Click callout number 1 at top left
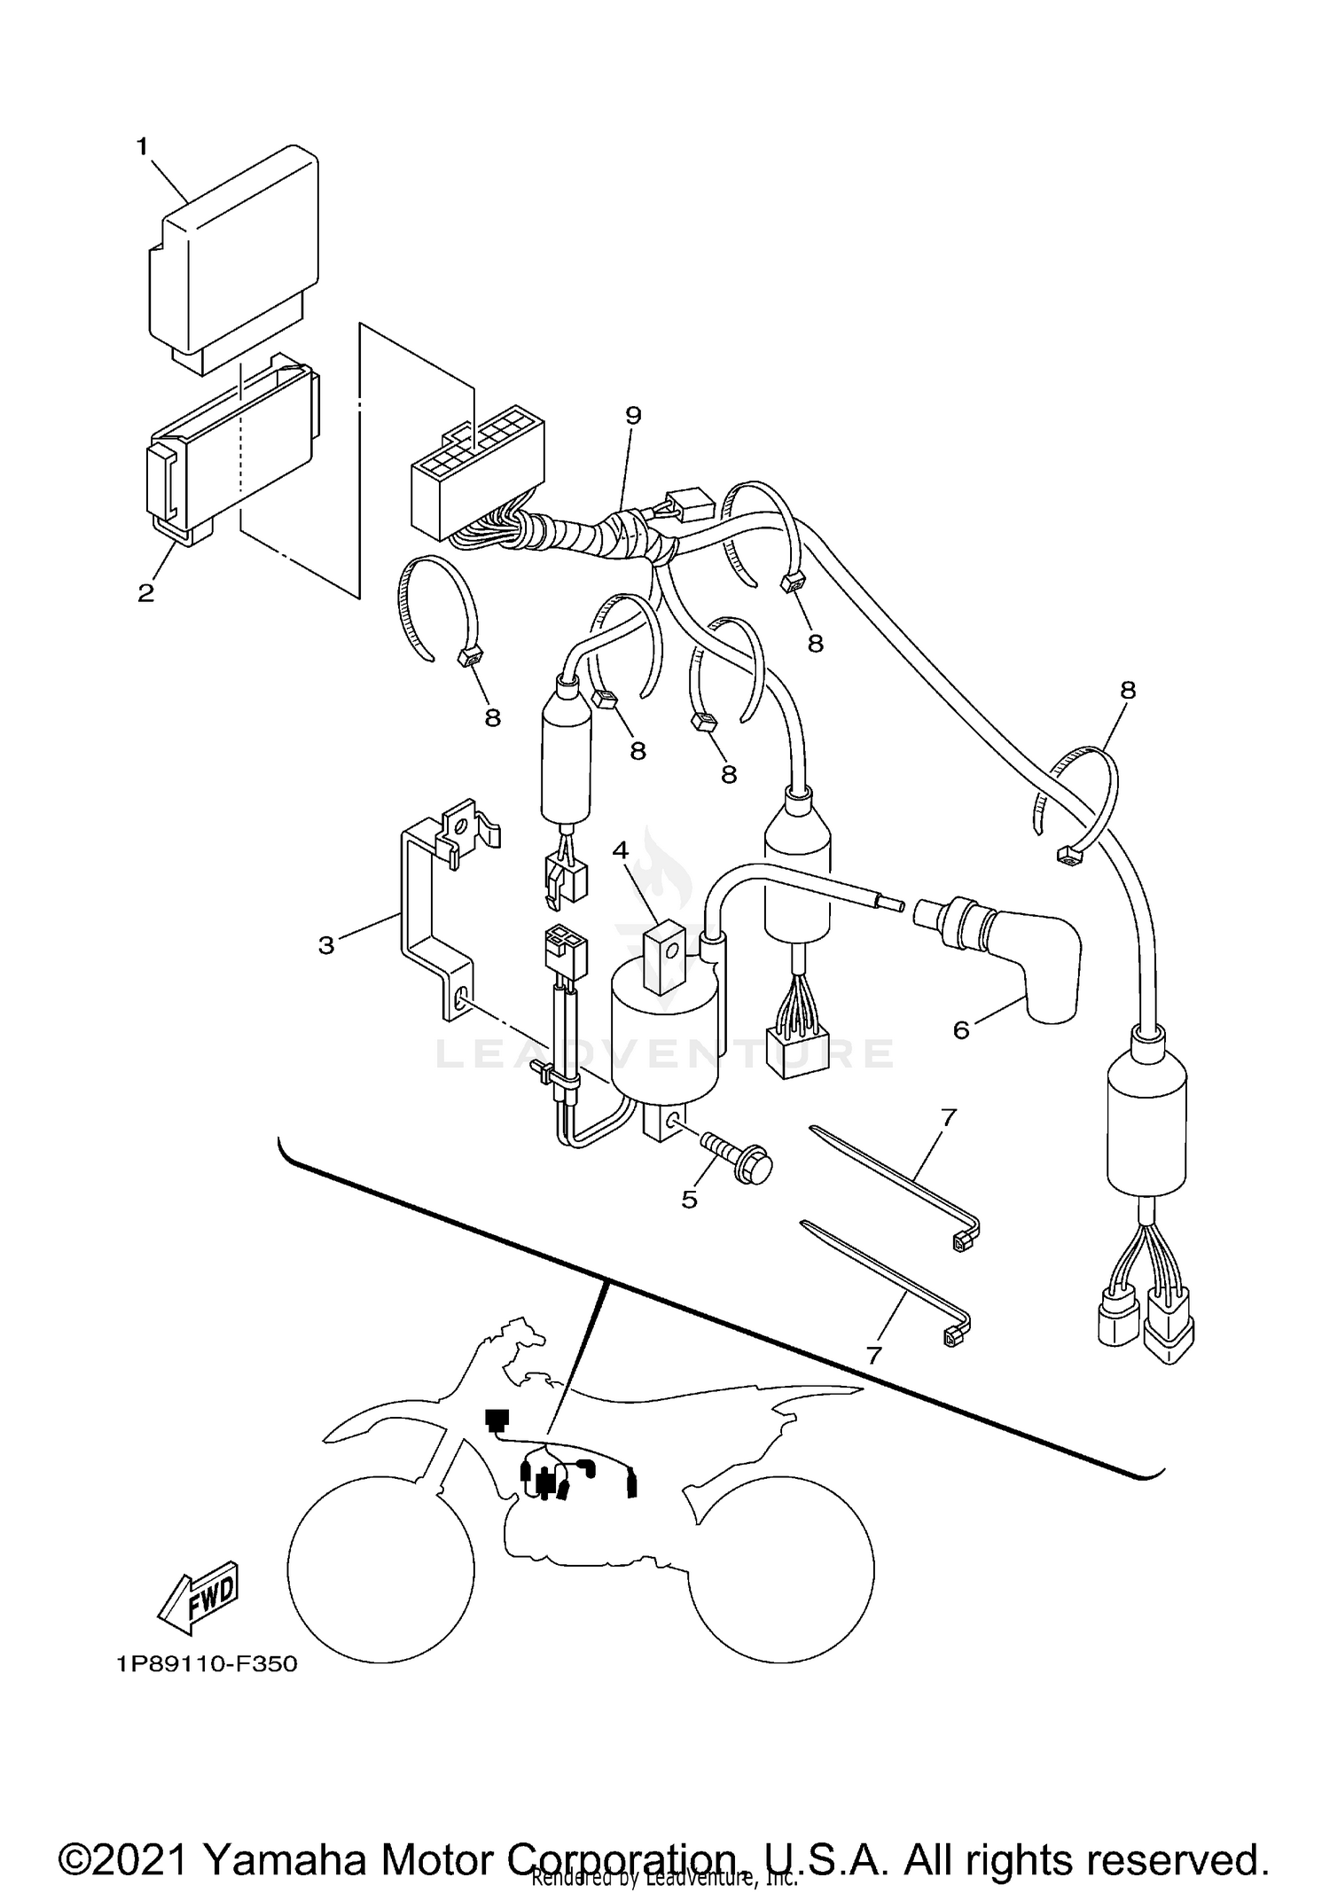(142, 147)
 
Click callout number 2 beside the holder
(145, 593)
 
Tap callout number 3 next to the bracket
(326, 945)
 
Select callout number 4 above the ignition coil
(620, 850)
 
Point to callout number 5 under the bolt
(689, 1200)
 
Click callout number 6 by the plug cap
(961, 1029)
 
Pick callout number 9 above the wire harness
(632, 415)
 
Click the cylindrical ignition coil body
(665, 1042)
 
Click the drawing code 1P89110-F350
(207, 1664)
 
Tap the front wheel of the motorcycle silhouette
(381, 1569)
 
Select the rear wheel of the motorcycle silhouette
(780, 1569)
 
